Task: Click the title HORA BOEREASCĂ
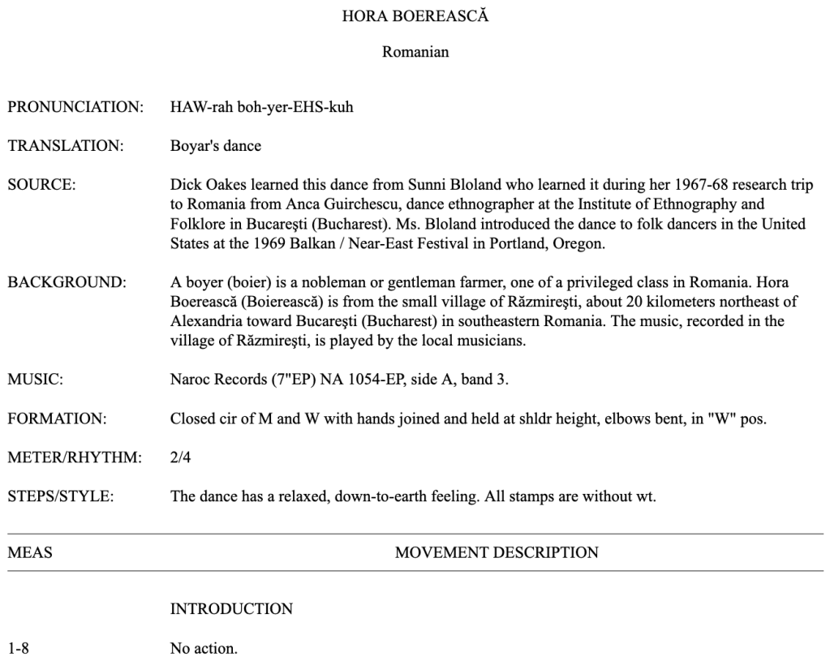[x=415, y=15]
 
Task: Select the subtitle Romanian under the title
[x=415, y=53]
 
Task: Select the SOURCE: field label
[x=41, y=185]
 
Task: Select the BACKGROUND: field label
[x=67, y=282]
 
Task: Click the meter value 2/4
[x=180, y=457]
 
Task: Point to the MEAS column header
[x=29, y=553]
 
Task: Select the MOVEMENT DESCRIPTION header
[x=497, y=553]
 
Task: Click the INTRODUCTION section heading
[x=231, y=608]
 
